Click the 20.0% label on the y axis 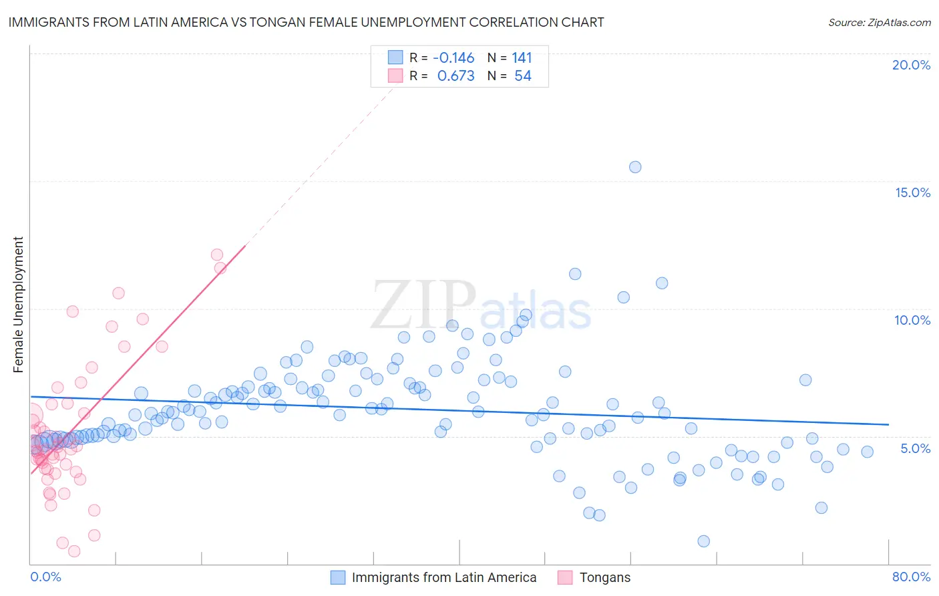click(911, 65)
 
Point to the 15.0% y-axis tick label click(912, 192)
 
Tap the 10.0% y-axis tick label click(912, 320)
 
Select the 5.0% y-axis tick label click(915, 448)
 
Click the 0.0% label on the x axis click(45, 577)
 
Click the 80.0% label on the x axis click(911, 577)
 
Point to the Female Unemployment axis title click(18, 305)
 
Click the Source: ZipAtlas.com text click(879, 22)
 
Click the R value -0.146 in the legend click(453, 57)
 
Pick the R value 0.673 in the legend click(455, 76)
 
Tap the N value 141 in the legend click(522, 57)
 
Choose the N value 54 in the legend click(523, 76)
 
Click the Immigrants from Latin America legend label click(444, 577)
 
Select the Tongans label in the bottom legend click(605, 577)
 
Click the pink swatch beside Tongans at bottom click(565, 577)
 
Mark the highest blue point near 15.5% click(635, 167)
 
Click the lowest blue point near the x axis click(703, 541)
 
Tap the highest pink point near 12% click(217, 255)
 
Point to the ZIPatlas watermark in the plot click(481, 306)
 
